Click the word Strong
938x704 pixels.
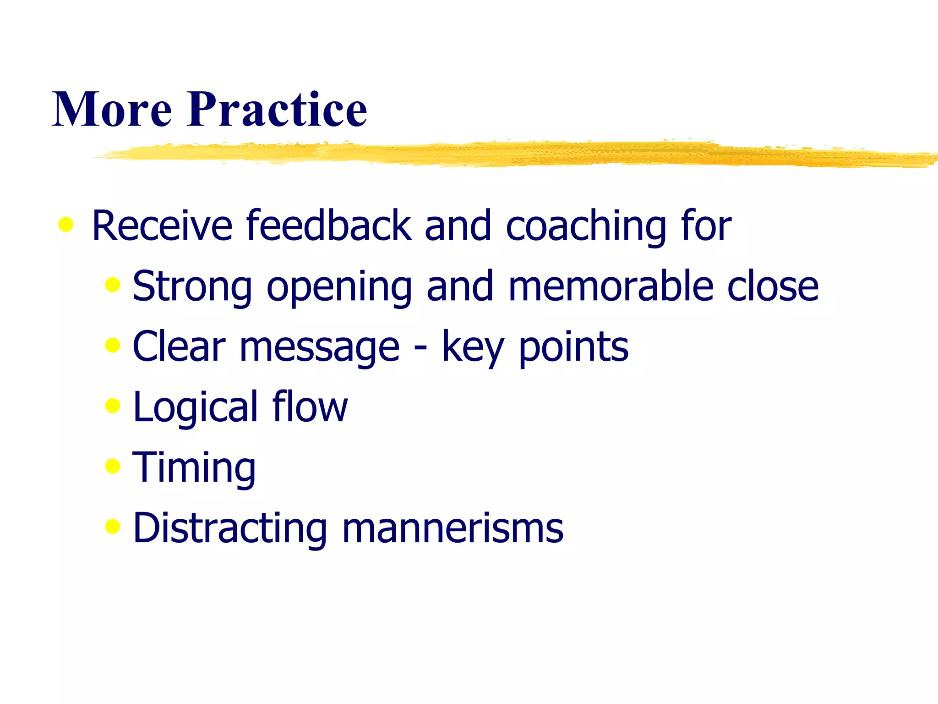pyautogui.click(x=192, y=286)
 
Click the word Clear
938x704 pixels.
pyautogui.click(x=179, y=346)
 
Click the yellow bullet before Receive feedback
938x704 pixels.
pyautogui.click(x=66, y=224)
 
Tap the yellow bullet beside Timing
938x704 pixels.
pyautogui.click(x=112, y=466)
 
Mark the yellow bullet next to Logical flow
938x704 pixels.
pyautogui.click(x=112, y=405)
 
